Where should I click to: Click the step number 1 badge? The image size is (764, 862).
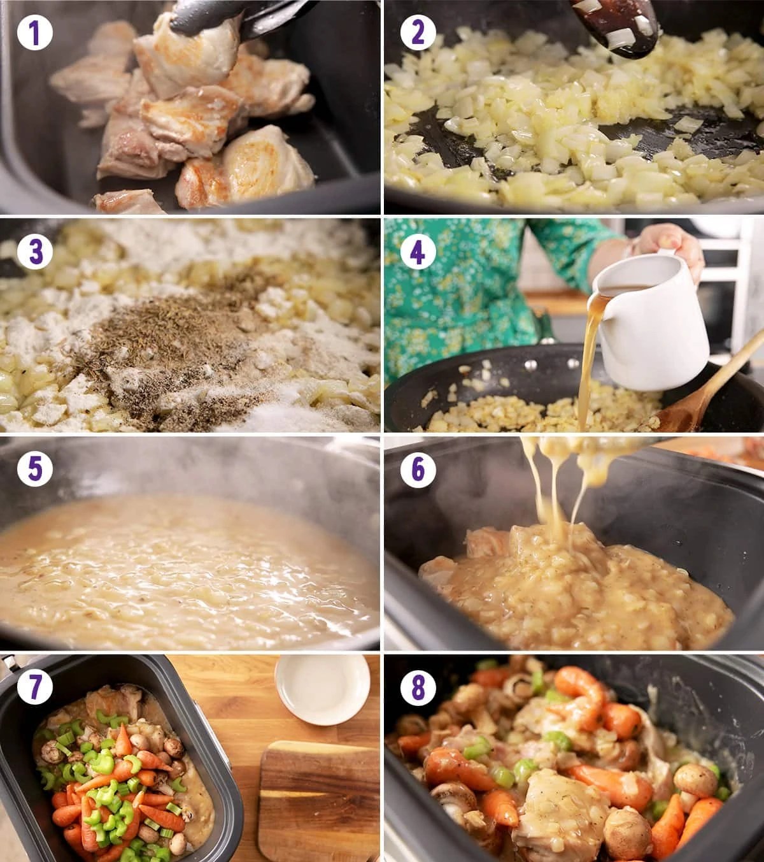[35, 33]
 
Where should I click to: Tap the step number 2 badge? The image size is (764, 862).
[418, 33]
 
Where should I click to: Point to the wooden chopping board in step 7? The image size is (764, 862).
[319, 800]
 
